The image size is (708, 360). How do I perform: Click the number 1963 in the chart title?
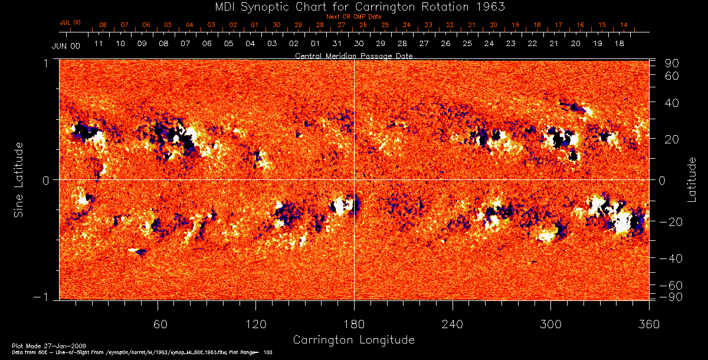click(491, 6)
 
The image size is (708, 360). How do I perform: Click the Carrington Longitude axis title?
click(353, 340)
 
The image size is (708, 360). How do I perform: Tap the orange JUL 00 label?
click(70, 22)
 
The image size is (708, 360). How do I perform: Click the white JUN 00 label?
click(65, 45)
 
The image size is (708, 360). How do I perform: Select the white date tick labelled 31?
click(337, 44)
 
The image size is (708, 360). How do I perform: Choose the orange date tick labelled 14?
click(624, 25)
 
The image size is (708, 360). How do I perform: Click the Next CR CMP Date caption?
click(353, 17)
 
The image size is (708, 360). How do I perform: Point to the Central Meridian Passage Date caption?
click(353, 55)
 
